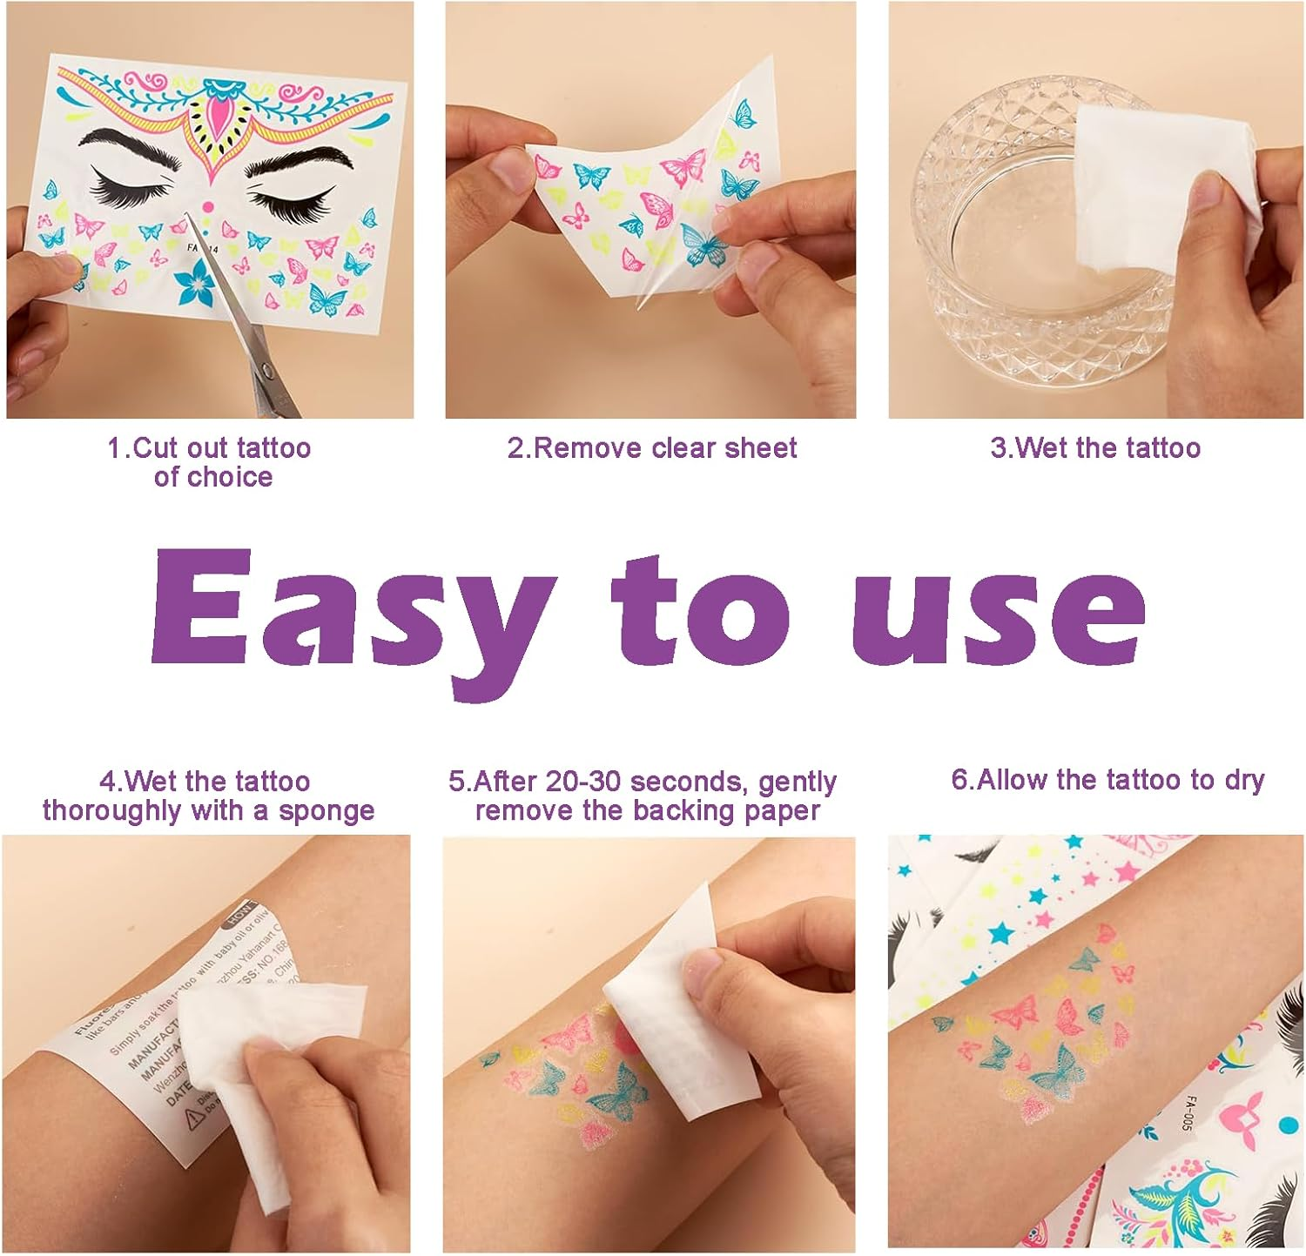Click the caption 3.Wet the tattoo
tap(1095, 447)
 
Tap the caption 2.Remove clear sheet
tap(651, 447)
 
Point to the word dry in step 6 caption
tap(1244, 780)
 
